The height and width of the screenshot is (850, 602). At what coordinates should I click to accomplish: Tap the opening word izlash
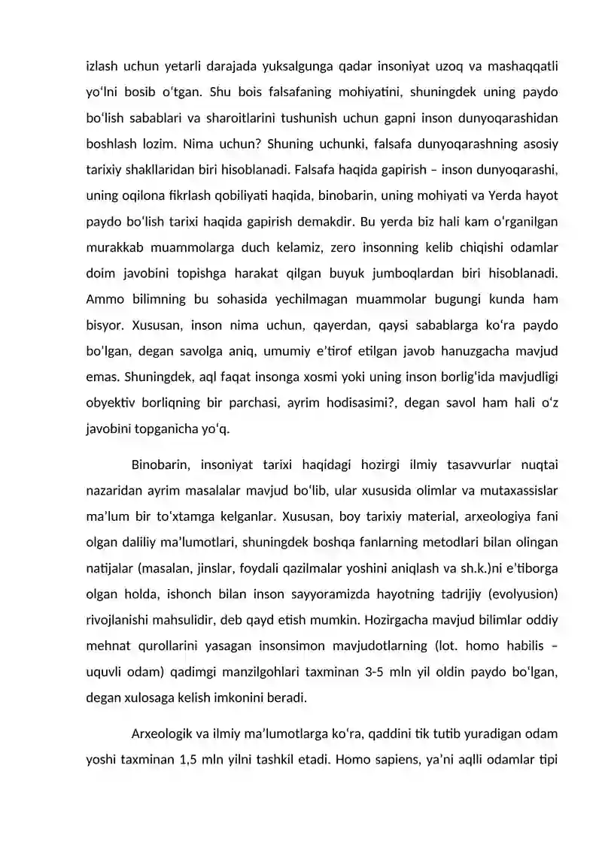pos(103,66)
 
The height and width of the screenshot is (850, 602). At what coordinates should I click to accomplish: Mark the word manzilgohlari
pos(257,672)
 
